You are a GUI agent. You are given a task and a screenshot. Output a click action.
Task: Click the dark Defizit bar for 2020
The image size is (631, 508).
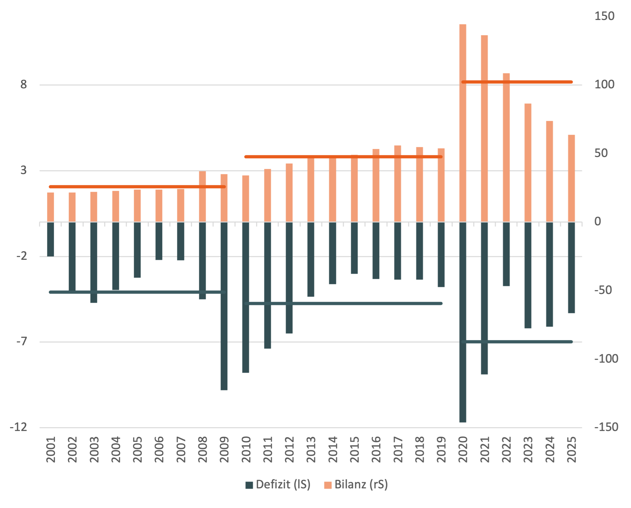463,322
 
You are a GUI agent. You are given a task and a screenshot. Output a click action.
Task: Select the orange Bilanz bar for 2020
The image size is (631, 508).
463,123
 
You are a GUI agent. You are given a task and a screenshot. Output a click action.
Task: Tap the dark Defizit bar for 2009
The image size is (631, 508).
224,306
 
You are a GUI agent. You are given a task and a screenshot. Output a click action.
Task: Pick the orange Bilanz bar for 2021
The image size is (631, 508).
484,129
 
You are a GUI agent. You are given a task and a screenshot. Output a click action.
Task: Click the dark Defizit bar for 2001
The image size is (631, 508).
51,239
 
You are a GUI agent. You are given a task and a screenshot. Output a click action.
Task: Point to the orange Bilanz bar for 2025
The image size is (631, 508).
571,178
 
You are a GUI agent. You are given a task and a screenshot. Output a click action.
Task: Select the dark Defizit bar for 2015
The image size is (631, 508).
354,248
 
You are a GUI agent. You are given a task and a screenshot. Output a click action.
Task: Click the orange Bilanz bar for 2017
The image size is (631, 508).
398,184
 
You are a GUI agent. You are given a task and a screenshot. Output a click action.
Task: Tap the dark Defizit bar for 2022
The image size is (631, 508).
506,254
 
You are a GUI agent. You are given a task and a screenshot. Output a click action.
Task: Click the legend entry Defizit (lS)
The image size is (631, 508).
278,484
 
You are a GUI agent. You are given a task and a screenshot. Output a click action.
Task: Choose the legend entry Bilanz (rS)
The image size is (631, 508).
356,484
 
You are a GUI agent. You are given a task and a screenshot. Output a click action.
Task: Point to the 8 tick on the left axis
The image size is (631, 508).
24,84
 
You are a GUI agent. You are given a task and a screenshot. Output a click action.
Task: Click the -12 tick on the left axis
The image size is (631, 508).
19,427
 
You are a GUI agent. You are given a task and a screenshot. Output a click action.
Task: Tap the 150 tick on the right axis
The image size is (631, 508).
604,16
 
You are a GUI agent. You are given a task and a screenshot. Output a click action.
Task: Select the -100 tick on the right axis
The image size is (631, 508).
606,358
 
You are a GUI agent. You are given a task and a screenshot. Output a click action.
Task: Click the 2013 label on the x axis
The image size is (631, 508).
311,449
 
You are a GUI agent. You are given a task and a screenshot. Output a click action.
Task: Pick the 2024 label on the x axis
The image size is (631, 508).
550,449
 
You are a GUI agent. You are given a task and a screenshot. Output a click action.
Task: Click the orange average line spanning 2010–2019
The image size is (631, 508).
343,157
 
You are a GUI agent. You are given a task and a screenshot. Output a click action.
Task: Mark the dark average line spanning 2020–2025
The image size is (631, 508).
517,342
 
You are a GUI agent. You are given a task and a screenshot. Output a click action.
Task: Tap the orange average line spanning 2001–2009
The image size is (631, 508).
137,187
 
